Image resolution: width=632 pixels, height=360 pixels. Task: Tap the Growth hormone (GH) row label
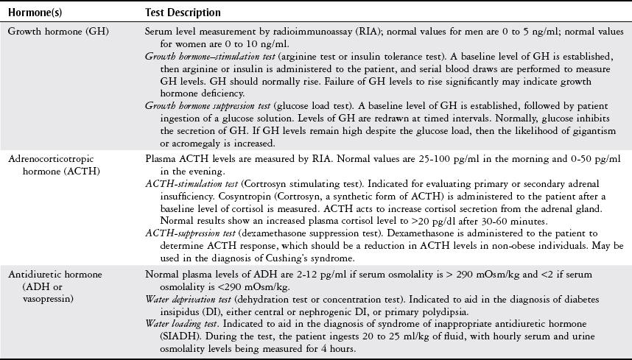coord(49,33)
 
